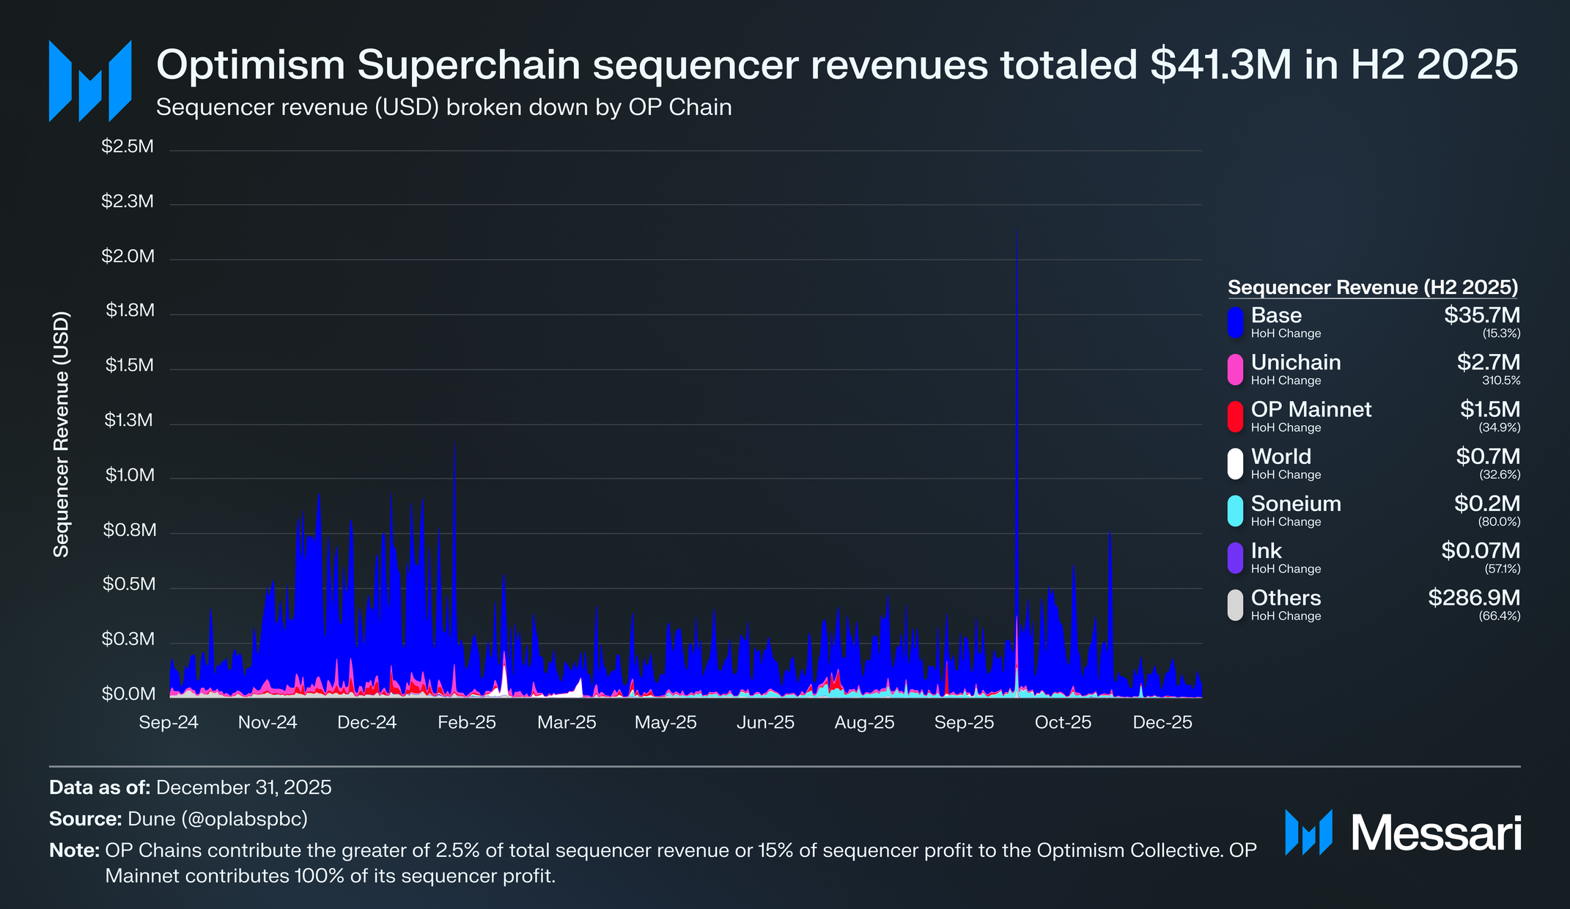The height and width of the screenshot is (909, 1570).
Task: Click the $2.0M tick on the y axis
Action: [128, 257]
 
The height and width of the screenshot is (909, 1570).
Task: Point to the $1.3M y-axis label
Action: [128, 420]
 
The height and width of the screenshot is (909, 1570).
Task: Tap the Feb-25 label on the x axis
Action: [467, 722]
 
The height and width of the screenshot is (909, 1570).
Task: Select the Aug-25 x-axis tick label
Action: [865, 722]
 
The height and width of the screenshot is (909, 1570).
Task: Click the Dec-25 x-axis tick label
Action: [1162, 722]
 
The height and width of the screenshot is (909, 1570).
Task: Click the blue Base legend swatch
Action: [1236, 323]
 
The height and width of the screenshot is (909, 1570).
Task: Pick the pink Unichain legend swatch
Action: [1236, 369]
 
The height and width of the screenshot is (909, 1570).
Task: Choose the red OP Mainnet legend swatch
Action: [1236, 416]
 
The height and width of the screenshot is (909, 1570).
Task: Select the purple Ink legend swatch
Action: [1236, 558]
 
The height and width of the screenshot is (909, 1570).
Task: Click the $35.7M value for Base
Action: [1482, 315]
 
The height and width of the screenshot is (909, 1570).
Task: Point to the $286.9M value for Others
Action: [1474, 597]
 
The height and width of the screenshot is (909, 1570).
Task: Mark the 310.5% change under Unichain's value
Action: [1501, 380]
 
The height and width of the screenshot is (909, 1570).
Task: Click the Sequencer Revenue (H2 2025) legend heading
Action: [1373, 287]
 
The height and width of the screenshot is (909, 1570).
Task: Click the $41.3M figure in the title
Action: [1221, 65]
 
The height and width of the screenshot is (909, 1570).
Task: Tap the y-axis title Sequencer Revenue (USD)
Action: [62, 434]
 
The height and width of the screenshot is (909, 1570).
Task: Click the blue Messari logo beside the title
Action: [90, 81]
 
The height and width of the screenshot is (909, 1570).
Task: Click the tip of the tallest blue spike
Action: [1016, 229]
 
